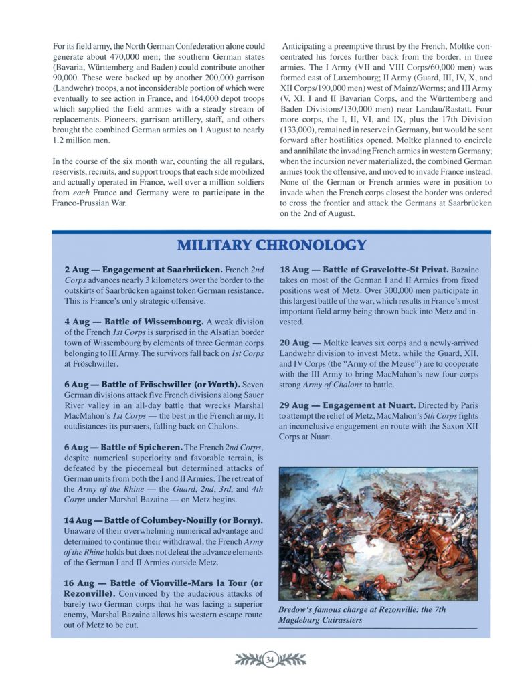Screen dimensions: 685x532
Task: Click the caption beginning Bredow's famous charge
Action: coord(361,615)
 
